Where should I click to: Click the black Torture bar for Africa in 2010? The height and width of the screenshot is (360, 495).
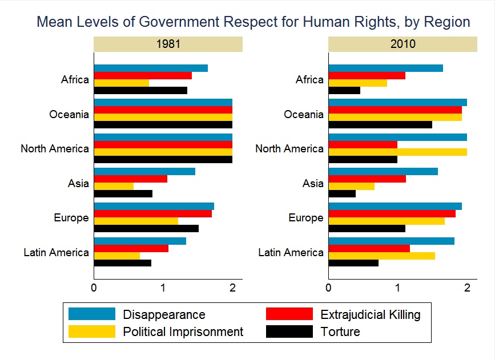point(344,91)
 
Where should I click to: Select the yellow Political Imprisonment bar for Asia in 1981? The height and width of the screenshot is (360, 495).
point(114,186)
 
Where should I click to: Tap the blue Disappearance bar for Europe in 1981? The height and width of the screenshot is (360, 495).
point(154,207)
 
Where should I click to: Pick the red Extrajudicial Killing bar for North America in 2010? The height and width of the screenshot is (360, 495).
point(363,144)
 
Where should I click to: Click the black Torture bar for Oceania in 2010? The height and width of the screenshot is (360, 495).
point(380,124)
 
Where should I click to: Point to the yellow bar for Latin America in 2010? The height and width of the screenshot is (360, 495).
point(382,256)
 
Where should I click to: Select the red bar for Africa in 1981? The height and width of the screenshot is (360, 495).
point(143,76)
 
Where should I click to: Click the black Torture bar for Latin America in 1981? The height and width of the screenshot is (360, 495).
point(123,263)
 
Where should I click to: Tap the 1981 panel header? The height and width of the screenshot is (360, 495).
point(168,44)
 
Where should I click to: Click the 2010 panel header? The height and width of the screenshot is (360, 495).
point(403,44)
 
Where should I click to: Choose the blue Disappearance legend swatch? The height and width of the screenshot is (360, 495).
point(92,314)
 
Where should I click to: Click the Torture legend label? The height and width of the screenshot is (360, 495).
point(340,331)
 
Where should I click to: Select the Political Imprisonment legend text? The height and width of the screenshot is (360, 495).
point(183,332)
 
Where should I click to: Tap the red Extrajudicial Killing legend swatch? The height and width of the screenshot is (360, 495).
point(289,314)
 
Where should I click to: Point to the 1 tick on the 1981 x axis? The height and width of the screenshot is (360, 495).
point(163,288)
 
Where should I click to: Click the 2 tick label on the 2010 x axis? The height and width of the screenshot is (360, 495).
point(467,288)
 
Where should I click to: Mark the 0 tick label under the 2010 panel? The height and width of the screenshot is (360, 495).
point(329,288)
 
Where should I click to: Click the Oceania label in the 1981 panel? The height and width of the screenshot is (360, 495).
point(69,114)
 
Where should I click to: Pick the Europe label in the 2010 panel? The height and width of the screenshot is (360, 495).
point(306,218)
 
